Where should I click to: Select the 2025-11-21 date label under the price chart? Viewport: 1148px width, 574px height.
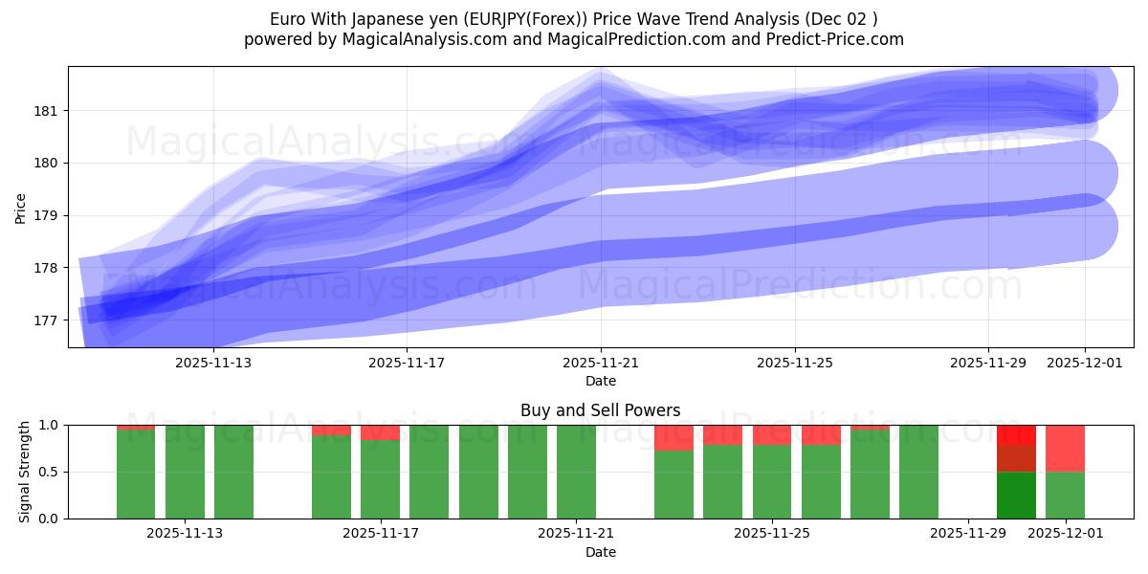601,363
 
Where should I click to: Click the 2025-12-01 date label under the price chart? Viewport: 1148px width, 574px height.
1085,363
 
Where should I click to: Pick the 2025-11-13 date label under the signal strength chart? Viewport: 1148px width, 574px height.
185,534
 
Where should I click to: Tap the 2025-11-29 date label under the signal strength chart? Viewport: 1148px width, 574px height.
968,534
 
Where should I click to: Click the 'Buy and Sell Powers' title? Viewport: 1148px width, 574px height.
601,410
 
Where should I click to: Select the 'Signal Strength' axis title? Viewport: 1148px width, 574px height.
25,472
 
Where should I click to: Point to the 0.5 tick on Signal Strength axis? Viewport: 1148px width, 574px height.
48,472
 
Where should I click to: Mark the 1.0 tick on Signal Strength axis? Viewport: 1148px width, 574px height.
48,425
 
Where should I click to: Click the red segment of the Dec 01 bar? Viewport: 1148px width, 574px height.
1065,448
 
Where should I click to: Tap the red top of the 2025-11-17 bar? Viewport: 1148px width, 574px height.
380,432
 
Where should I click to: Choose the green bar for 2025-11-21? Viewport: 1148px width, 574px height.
576,472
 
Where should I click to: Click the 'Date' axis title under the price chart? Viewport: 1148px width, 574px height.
601,381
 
